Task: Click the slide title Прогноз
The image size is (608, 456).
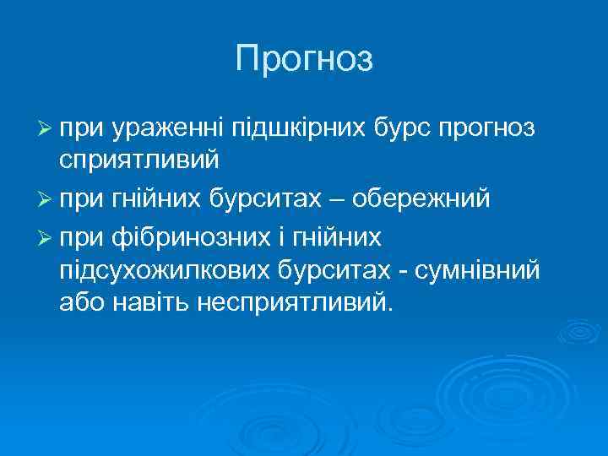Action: pyautogui.click(x=304, y=58)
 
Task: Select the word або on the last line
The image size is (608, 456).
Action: pyautogui.click(x=81, y=301)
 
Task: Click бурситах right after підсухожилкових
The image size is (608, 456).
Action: pyautogui.click(x=329, y=271)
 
